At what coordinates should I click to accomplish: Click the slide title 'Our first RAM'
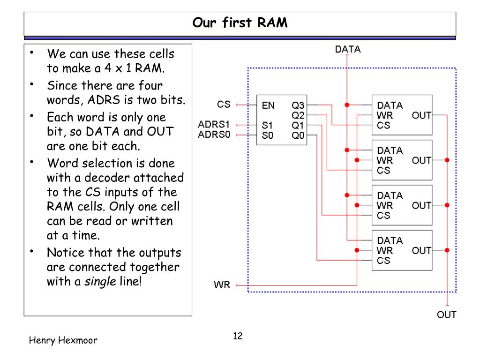(x=240, y=22)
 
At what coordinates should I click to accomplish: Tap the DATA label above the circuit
(x=348, y=49)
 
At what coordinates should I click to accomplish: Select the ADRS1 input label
(x=214, y=124)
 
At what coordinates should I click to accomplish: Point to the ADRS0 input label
(x=214, y=135)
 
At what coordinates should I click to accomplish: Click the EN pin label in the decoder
(x=268, y=105)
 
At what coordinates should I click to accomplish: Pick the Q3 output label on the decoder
(x=298, y=105)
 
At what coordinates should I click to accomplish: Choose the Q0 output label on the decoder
(x=298, y=135)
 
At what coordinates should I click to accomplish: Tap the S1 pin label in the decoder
(x=267, y=125)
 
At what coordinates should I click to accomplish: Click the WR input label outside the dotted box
(x=222, y=285)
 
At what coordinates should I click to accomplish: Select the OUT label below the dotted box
(x=447, y=315)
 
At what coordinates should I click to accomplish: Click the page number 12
(x=238, y=336)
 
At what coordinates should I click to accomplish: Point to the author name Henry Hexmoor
(x=63, y=340)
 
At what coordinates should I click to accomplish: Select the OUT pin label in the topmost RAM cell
(x=421, y=115)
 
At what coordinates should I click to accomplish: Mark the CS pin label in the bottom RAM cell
(x=383, y=261)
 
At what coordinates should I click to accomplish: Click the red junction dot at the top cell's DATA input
(x=347, y=105)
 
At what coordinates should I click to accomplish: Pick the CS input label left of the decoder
(x=224, y=105)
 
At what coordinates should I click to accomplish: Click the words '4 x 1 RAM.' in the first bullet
(x=135, y=68)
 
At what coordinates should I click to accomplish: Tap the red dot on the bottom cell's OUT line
(x=447, y=250)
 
